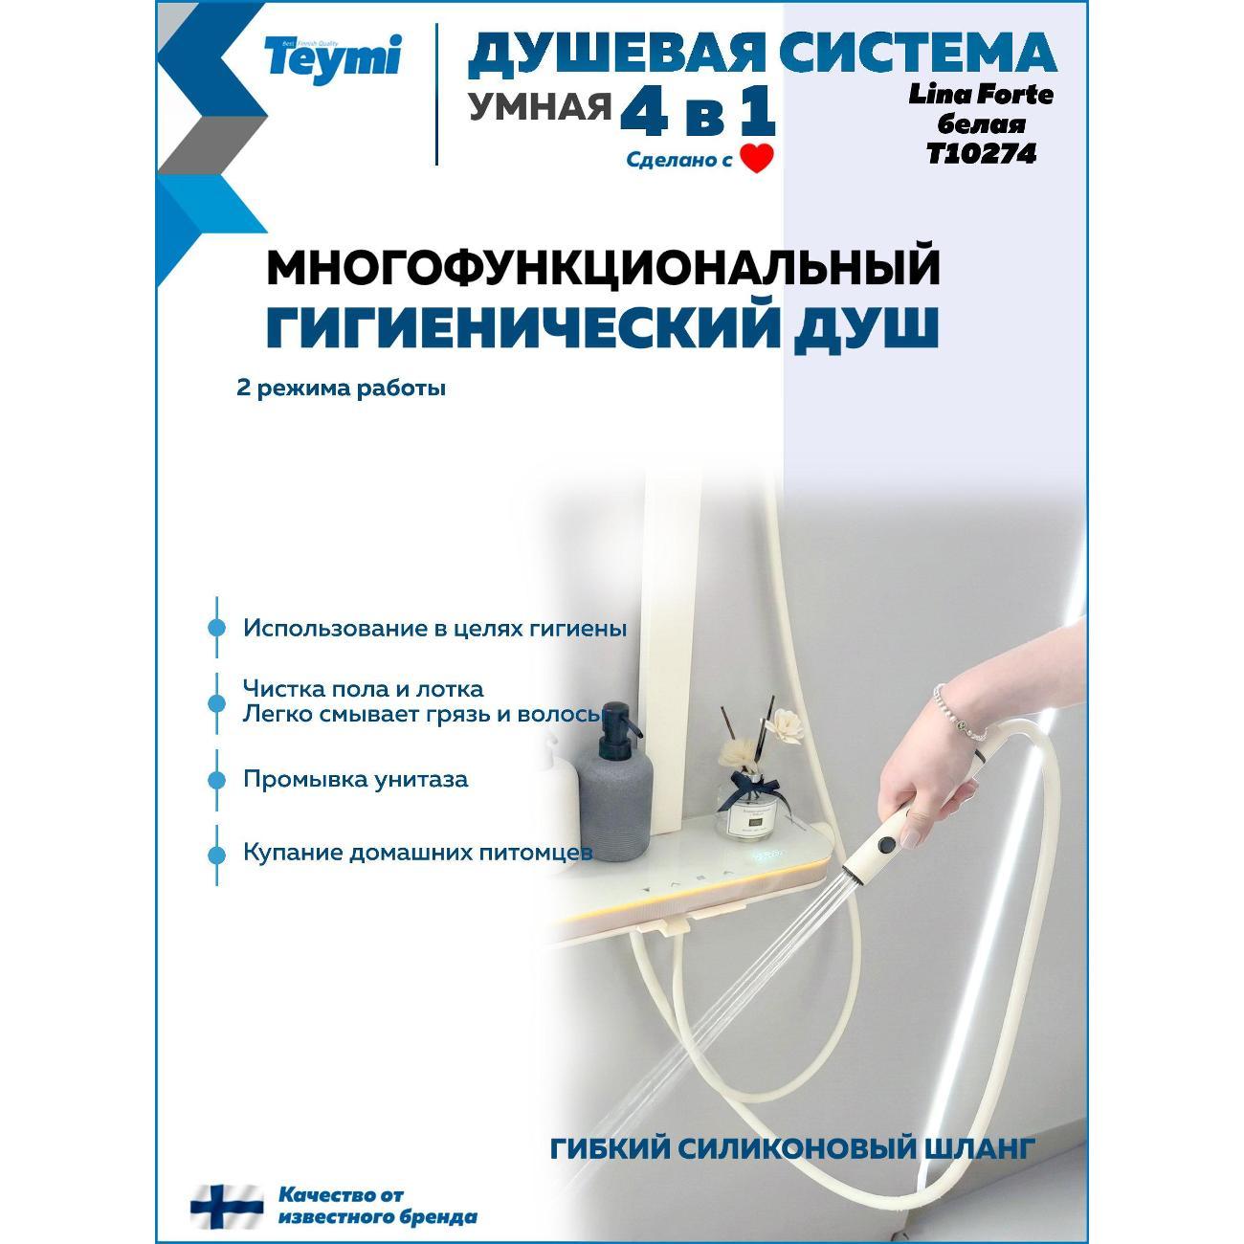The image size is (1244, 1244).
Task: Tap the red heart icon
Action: click(756, 159)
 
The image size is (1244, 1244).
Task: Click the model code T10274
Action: click(981, 153)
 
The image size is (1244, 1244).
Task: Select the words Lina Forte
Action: click(981, 95)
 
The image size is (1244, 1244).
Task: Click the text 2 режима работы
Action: click(342, 389)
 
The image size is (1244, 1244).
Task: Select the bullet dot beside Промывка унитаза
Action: click(216, 780)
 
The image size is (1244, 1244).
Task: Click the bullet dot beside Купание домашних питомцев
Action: click(216, 855)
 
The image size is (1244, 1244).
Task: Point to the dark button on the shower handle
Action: click(889, 843)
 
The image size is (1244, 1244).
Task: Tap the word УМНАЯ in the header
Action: click(540, 106)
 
